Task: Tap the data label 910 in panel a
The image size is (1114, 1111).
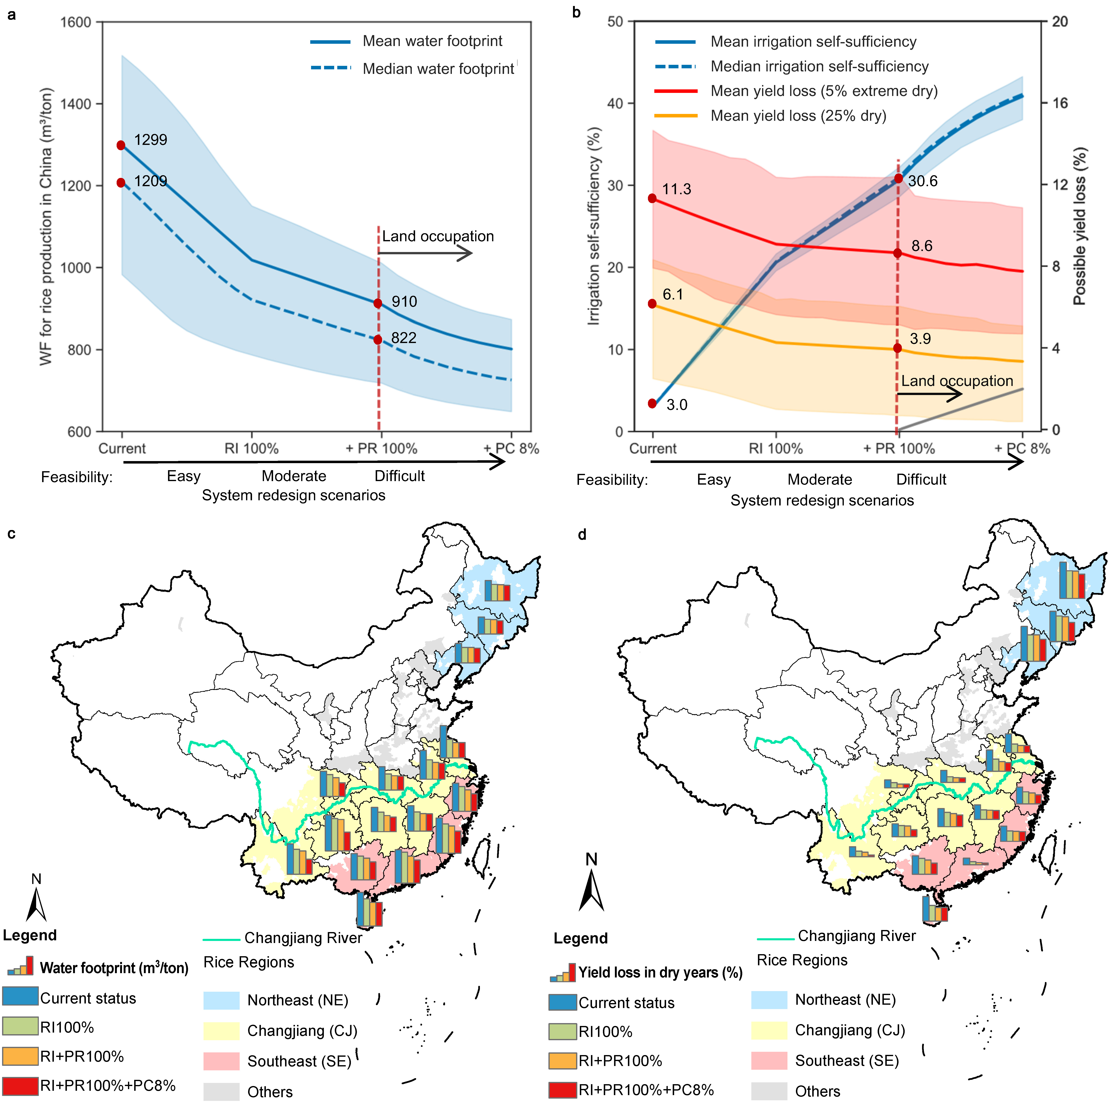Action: click(x=404, y=302)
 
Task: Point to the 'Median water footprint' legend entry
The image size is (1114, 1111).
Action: click(x=438, y=69)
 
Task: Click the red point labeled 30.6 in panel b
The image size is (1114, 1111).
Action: click(x=898, y=179)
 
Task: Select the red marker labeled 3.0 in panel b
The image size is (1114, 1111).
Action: click(x=652, y=403)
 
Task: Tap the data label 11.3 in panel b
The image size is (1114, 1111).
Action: click(x=676, y=189)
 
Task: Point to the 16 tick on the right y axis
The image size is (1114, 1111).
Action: click(x=1060, y=103)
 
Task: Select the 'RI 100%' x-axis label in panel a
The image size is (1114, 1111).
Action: click(x=251, y=448)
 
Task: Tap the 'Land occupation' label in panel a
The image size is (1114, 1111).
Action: click(x=438, y=236)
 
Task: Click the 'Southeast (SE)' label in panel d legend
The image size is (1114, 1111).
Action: click(x=846, y=1061)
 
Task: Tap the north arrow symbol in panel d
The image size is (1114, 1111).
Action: click(x=592, y=891)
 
